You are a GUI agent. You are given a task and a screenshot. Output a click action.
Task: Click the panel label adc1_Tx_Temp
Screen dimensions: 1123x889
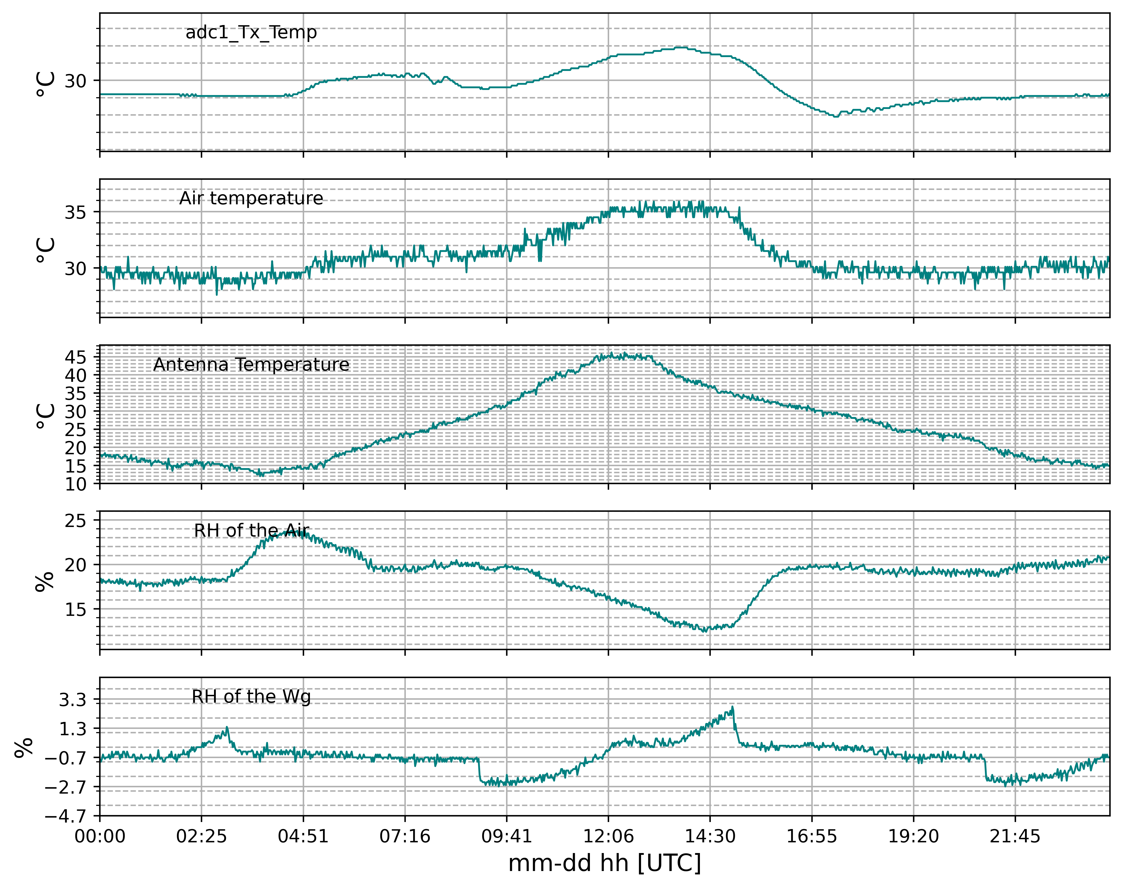pyautogui.click(x=251, y=32)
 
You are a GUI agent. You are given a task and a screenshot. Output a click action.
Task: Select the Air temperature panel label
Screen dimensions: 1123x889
pyautogui.click(x=251, y=198)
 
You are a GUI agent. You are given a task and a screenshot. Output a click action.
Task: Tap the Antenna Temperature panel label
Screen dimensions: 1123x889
pyautogui.click(x=251, y=364)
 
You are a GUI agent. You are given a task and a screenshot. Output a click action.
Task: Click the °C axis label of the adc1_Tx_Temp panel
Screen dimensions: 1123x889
pyautogui.click(x=46, y=83)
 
